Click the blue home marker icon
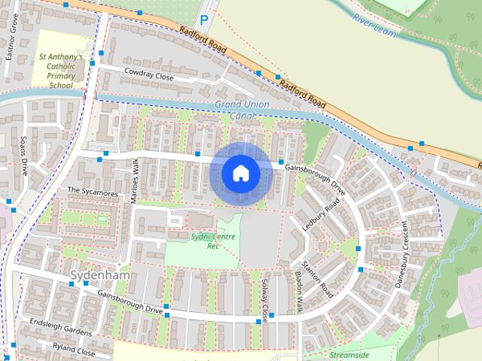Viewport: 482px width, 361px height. tap(240, 174)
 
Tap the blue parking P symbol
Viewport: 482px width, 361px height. tap(203, 21)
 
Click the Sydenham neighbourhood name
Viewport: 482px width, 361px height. tap(99, 275)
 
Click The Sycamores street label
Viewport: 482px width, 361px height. tap(93, 193)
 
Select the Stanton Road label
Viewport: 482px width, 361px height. tap(316, 278)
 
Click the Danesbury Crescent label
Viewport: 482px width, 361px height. tap(401, 254)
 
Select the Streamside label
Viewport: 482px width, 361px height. tap(349, 353)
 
